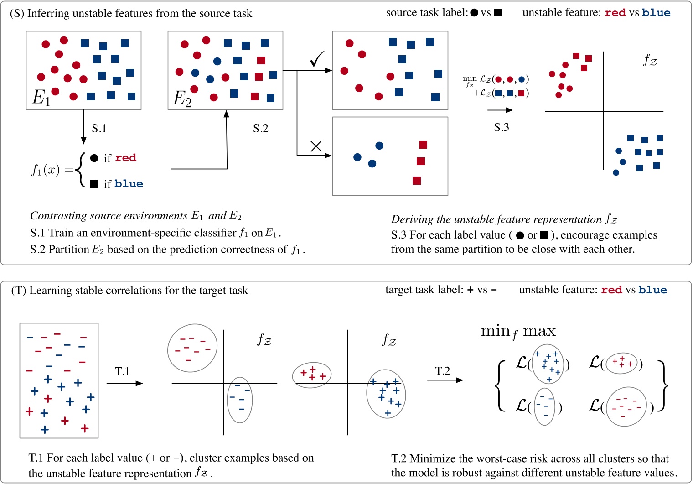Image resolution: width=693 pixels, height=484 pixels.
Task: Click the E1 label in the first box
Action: (41, 98)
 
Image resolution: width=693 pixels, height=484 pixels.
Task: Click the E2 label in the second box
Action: (182, 99)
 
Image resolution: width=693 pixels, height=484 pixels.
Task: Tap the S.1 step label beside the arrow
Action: (99, 129)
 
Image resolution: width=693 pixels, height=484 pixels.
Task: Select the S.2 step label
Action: (260, 129)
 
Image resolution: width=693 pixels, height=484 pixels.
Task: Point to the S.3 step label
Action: (501, 127)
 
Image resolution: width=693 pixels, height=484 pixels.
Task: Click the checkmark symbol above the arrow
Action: (316, 59)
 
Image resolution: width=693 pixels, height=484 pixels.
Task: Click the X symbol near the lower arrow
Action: (316, 146)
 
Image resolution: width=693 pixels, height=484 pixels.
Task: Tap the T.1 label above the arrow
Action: (122, 371)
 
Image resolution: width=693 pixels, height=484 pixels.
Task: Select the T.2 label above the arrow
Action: (442, 371)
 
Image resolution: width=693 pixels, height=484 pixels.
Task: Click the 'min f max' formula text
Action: (518, 332)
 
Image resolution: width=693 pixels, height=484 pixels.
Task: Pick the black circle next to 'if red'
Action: (94, 158)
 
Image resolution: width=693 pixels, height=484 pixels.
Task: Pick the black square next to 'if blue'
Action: (94, 184)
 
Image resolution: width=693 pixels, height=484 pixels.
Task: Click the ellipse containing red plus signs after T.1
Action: (312, 375)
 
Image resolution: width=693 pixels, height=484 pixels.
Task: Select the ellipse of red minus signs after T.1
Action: (192, 348)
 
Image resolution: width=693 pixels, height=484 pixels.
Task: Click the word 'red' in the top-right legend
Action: (615, 13)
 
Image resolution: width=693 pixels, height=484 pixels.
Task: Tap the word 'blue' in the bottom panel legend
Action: (652, 290)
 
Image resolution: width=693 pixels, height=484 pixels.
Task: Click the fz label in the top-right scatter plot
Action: (650, 60)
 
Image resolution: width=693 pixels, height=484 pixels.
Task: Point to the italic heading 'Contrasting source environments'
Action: (109, 216)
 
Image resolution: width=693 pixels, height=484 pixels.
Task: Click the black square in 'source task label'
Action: (498, 13)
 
